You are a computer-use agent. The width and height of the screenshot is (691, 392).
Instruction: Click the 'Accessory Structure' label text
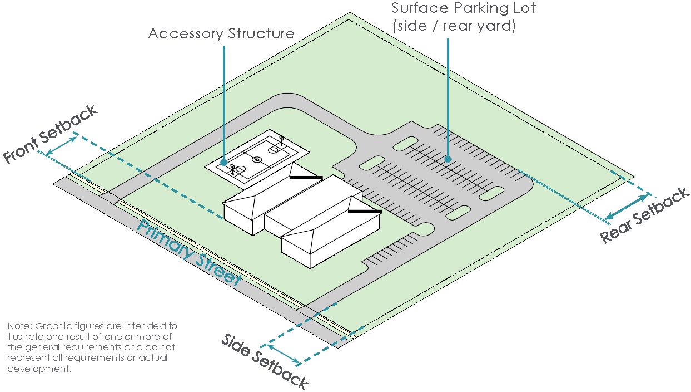(221, 33)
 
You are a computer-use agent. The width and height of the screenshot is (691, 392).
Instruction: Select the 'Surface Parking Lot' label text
(463, 9)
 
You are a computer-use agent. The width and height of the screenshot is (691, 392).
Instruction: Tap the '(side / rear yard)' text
(454, 26)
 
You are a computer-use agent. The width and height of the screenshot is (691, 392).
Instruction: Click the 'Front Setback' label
(51, 134)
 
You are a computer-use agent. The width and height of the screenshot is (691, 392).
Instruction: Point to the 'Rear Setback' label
(645, 215)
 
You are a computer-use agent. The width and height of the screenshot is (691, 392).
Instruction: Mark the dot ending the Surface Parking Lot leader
(448, 159)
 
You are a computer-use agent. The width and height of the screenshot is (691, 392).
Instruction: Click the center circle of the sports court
(257, 160)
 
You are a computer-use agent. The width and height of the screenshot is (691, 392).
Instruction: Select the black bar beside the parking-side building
(365, 212)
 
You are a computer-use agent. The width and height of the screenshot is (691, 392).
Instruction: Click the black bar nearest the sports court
(306, 178)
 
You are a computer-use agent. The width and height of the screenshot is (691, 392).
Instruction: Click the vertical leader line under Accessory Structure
(223, 100)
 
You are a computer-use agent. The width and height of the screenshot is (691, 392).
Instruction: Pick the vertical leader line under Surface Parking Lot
(448, 95)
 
